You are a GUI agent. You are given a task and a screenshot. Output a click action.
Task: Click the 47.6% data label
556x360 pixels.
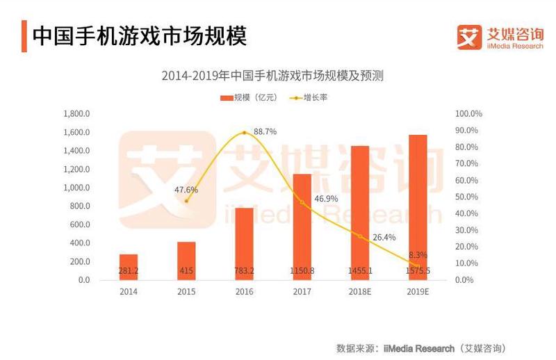click(186, 189)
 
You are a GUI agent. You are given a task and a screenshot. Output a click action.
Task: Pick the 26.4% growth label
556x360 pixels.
click(384, 237)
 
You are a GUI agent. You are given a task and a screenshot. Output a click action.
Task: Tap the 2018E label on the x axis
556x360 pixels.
click(360, 292)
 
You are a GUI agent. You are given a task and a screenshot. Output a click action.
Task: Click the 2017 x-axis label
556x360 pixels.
click(302, 292)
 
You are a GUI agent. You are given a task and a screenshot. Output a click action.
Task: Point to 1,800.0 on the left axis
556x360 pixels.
click(76, 113)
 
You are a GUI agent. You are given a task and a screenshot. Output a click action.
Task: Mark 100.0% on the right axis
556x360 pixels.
click(468, 113)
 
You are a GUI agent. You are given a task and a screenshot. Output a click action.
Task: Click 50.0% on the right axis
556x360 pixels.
click(468, 197)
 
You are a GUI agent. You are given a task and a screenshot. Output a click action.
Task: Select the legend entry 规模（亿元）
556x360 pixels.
click(248, 97)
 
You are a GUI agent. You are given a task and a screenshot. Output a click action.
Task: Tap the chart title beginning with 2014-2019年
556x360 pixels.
click(272, 76)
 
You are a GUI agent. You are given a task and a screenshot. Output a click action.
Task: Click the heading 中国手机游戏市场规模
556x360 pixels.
click(139, 35)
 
